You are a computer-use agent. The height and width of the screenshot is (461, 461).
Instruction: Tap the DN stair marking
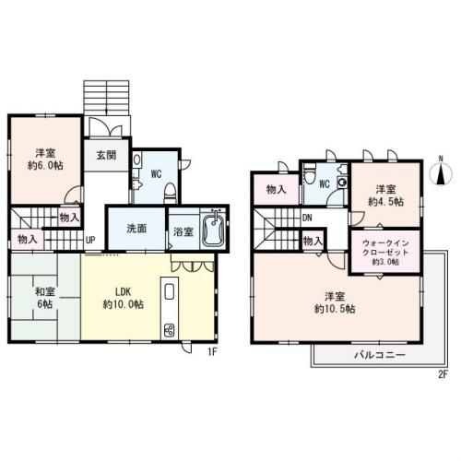coord(306,219)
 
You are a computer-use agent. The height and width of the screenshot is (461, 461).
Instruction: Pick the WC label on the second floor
coord(325,183)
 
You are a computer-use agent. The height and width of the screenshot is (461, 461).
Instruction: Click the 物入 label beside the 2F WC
coord(276,190)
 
